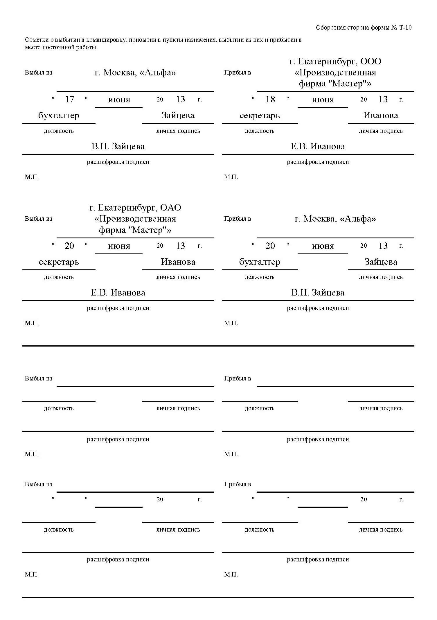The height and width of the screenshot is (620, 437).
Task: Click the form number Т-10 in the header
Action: pos(405,28)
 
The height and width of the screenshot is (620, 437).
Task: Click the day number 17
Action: pos(69,99)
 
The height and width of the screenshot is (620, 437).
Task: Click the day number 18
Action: pos(270,99)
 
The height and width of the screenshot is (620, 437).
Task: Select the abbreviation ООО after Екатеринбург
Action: pos(371,61)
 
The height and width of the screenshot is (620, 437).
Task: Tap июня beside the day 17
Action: pos(119,100)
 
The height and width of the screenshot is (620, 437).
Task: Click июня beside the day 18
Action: pos(323,100)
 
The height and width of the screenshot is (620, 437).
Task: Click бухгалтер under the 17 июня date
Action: pos(59,115)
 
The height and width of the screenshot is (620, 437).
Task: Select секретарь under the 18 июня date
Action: pos(260,115)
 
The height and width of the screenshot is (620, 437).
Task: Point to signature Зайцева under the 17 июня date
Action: pos(178,115)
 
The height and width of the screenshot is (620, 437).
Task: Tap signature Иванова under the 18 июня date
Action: pos(381,115)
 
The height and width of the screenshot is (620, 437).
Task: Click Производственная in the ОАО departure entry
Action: pos(135,219)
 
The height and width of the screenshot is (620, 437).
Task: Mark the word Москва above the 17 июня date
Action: pos(119,72)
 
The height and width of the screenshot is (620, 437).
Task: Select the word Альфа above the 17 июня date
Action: pos(158,72)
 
